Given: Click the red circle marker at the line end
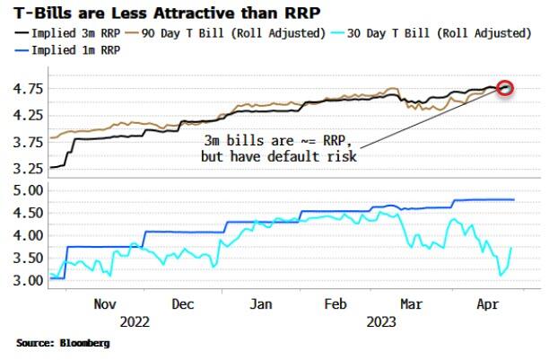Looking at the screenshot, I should [x=505, y=88].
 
